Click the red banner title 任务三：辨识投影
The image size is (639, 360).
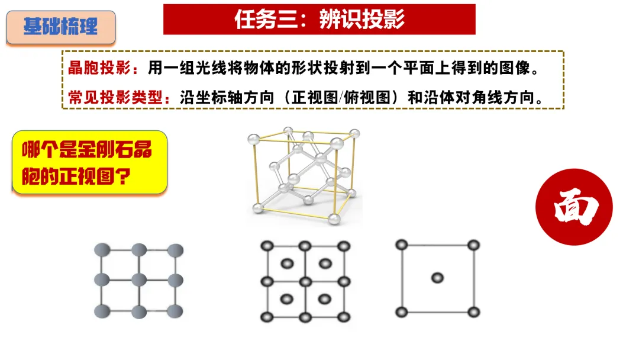[x=319, y=19]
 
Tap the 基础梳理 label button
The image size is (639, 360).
[x=61, y=27]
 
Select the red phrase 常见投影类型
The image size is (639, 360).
[x=115, y=98]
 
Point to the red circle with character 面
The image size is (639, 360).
[x=574, y=207]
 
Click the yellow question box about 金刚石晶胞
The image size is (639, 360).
[x=90, y=162]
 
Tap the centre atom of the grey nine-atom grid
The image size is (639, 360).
[x=139, y=280]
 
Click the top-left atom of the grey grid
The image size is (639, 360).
[x=102, y=250]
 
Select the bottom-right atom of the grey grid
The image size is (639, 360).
[x=175, y=311]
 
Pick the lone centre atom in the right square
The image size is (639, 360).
[x=437, y=278]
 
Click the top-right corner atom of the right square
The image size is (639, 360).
[x=473, y=245]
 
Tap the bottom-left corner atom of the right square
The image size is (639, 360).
[x=401, y=313]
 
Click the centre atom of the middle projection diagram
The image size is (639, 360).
[x=305, y=282]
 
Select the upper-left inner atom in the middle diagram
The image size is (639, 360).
[x=287, y=263]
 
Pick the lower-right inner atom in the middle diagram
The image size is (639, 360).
[x=325, y=300]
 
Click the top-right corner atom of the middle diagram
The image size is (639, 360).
[x=344, y=246]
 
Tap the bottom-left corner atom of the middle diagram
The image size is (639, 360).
[x=267, y=317]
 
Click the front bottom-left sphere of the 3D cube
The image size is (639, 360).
[x=257, y=208]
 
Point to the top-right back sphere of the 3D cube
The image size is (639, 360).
[x=355, y=133]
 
